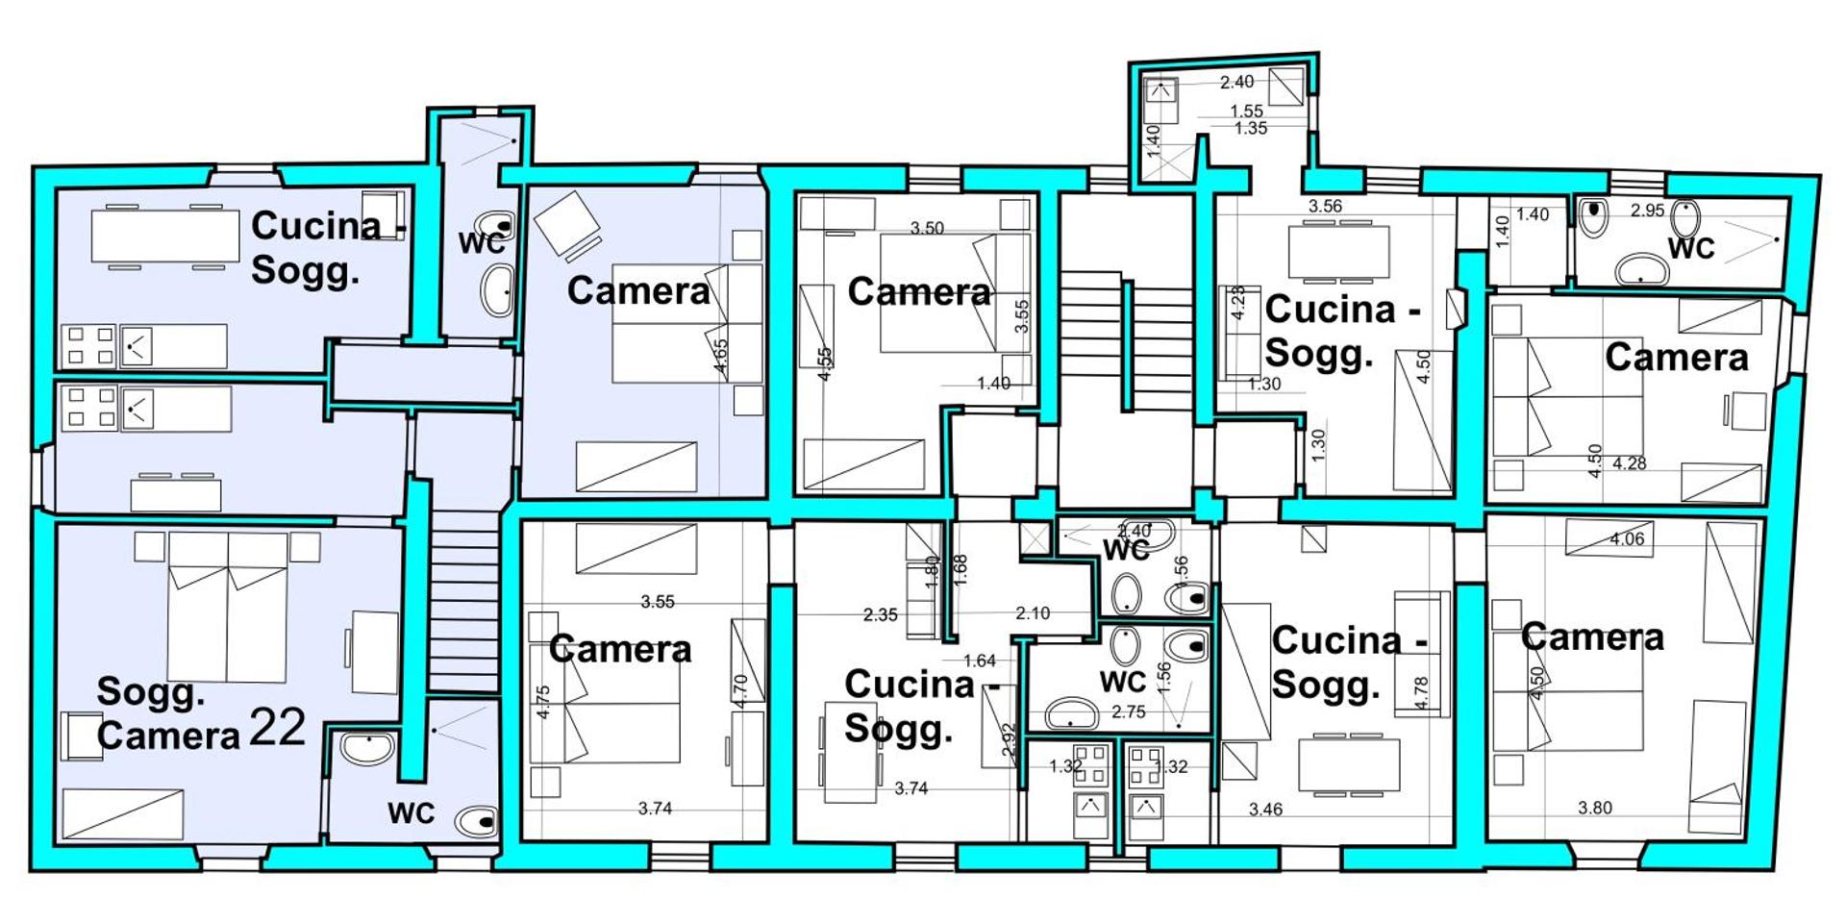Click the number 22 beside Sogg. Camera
pyautogui.click(x=278, y=728)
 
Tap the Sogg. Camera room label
pyautogui.click(x=168, y=713)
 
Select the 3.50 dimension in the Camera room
pyautogui.click(x=927, y=228)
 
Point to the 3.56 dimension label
pyautogui.click(x=1325, y=206)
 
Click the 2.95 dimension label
pyautogui.click(x=1647, y=211)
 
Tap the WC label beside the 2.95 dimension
pyautogui.click(x=1691, y=248)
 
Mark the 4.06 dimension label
pyautogui.click(x=1627, y=538)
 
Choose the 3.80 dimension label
pyautogui.click(x=1595, y=808)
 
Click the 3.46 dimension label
pyautogui.click(x=1265, y=810)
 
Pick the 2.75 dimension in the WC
pyautogui.click(x=1129, y=712)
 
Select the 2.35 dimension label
pyautogui.click(x=881, y=614)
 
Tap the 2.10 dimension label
pyautogui.click(x=1033, y=613)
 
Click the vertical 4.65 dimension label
pyautogui.click(x=720, y=357)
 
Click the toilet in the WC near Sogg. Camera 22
pyautogui.click(x=477, y=821)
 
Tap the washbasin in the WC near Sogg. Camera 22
pyautogui.click(x=367, y=747)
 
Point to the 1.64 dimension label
pyautogui.click(x=980, y=661)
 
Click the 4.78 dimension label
pyautogui.click(x=1422, y=692)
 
